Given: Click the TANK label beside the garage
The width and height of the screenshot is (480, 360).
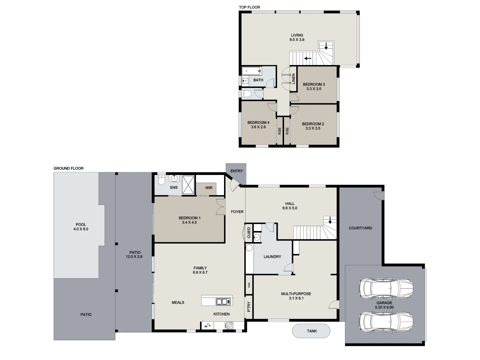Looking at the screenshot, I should (312, 331).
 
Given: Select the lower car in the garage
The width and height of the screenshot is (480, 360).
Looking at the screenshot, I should (386, 321).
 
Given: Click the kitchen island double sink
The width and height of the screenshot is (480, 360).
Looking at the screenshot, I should (223, 302).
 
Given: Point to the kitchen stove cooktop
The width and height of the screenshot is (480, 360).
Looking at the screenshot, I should (229, 326).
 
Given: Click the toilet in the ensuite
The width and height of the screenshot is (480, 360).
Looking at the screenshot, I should (161, 180).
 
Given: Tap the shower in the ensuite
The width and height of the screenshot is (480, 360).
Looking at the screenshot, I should (188, 184).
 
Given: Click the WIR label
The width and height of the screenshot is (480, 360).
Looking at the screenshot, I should (209, 188).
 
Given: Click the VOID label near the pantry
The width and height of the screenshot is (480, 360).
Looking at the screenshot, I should (249, 285).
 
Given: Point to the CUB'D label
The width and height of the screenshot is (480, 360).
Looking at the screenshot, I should (249, 233).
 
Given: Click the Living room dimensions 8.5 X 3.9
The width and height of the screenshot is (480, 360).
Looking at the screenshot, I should (297, 40).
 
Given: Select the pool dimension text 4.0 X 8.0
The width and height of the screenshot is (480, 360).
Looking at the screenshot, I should (81, 229).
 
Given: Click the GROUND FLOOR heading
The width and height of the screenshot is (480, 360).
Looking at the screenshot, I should (68, 168).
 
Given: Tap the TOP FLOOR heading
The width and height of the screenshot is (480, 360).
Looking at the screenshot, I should (249, 7).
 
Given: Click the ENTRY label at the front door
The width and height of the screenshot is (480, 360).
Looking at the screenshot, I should (237, 171).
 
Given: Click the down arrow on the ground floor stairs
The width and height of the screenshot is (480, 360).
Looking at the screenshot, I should (330, 220).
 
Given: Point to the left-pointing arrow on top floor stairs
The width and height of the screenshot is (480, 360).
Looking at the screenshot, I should (307, 59).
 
